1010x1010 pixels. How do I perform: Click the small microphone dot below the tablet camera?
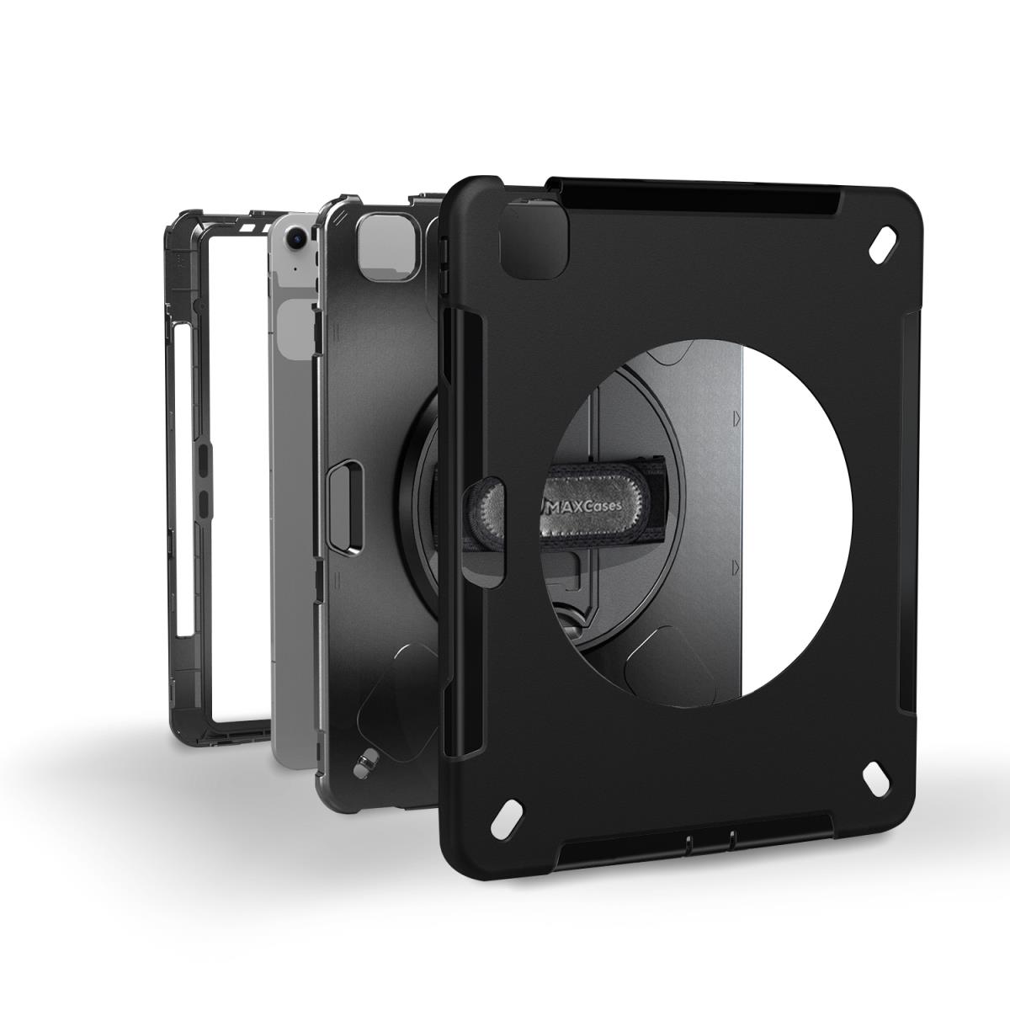click(x=296, y=269)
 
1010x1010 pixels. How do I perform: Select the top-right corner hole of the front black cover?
click(x=883, y=245)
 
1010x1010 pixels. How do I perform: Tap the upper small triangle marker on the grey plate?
click(x=737, y=418)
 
